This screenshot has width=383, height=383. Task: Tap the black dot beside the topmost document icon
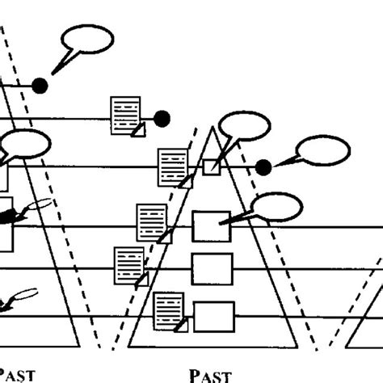pyautogui.click(x=162, y=118)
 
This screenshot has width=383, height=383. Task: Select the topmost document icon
pyautogui.click(x=126, y=115)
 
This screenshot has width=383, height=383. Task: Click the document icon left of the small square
pyautogui.click(x=174, y=167)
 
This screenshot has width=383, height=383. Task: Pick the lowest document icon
pyautogui.click(x=170, y=312)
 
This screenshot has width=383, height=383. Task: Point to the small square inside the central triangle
pyautogui.click(x=210, y=167)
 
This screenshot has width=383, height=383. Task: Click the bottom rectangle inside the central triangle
pyautogui.click(x=214, y=314)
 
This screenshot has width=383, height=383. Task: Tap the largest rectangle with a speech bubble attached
pyautogui.click(x=211, y=225)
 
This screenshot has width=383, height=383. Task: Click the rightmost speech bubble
pyautogui.click(x=323, y=151)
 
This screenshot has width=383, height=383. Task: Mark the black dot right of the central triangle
pyautogui.click(x=263, y=167)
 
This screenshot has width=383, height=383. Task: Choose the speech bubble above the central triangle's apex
pyautogui.click(x=244, y=127)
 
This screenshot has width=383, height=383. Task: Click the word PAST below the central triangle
pyautogui.click(x=210, y=374)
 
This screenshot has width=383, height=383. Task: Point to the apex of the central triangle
pyautogui.click(x=212, y=128)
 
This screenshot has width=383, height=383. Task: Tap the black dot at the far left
pyautogui.click(x=39, y=85)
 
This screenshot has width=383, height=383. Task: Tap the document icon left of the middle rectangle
pyautogui.click(x=131, y=265)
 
